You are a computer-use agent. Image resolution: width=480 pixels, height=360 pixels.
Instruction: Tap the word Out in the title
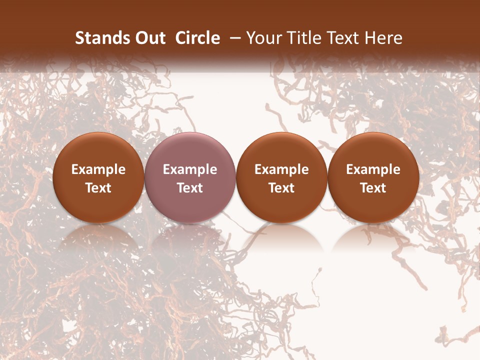(149, 38)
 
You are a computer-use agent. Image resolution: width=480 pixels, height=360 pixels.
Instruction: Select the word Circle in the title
(197, 38)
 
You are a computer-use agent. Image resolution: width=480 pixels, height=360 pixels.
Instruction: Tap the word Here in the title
(382, 38)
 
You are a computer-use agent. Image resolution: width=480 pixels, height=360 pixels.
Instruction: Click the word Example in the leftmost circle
(98, 169)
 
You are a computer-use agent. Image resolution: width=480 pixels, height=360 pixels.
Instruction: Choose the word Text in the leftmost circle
(98, 188)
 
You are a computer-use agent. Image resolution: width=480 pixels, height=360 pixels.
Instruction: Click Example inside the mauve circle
(190, 169)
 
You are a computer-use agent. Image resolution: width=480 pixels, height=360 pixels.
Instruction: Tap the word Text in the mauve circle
(190, 188)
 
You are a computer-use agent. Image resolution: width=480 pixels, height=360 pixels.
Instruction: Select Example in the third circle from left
(281, 169)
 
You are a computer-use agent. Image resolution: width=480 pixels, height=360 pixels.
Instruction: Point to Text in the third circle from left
(281, 188)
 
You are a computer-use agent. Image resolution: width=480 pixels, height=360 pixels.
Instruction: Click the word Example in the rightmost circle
(373, 169)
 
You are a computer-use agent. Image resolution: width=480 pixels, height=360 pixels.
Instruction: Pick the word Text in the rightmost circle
(373, 188)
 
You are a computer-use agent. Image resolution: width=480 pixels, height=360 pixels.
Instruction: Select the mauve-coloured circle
(190, 150)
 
